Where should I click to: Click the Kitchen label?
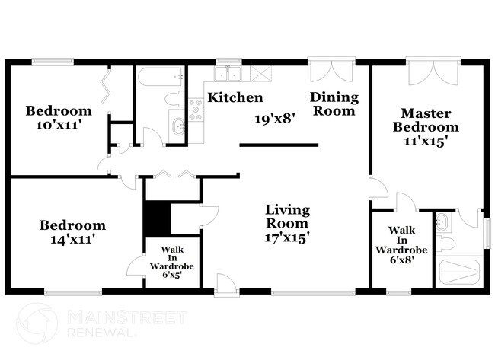click(x=235, y=97)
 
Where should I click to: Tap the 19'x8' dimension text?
click(x=275, y=119)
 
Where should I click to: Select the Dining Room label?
click(x=334, y=104)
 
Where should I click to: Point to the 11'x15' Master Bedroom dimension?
click(x=426, y=141)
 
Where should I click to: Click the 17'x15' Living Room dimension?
click(x=286, y=237)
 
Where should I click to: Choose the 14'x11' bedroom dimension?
click(x=73, y=240)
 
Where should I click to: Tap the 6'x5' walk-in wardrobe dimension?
click(x=172, y=275)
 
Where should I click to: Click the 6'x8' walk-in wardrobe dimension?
click(x=401, y=260)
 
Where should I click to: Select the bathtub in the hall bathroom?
click(x=160, y=77)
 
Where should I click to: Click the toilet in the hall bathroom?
click(x=174, y=98)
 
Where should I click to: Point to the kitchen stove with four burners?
click(x=196, y=110)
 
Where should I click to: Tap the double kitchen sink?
click(x=228, y=74)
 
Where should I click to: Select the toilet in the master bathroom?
click(x=445, y=244)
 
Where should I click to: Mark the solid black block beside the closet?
click(x=157, y=218)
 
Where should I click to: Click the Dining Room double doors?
click(x=331, y=71)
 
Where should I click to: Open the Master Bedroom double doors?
click(x=433, y=72)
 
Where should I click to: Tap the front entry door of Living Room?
click(x=225, y=285)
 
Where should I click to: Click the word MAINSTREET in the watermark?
click(x=127, y=317)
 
